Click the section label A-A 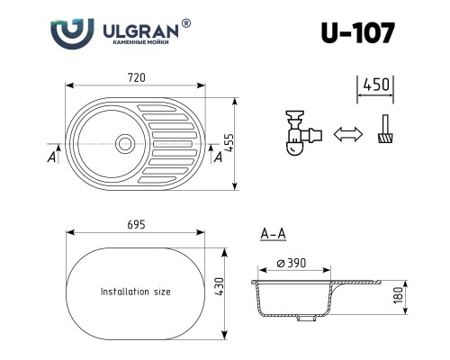coord(273,235)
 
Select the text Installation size coord(135,292)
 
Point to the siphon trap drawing coord(299,135)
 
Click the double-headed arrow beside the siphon coord(346,135)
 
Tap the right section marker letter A coord(218,157)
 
